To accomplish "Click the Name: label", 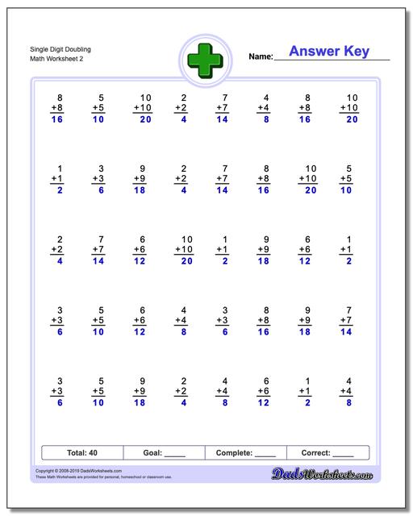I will point(261,57).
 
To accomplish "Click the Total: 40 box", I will point(81,453).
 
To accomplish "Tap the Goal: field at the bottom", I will point(164,453).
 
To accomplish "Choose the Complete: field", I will point(246,453).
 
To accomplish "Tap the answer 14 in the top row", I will point(223,120).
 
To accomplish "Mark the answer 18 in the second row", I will point(140,191).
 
